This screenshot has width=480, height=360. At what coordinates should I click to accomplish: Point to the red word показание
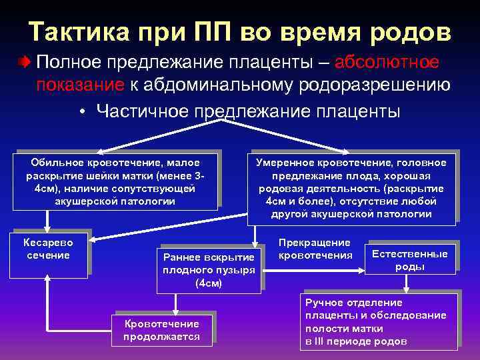80,85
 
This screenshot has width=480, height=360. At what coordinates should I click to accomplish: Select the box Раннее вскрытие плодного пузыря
209,270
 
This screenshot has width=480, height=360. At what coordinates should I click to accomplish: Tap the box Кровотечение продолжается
165,329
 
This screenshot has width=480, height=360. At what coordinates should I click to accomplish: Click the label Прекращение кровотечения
315,249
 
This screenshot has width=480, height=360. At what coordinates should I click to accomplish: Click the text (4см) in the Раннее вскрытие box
209,283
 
